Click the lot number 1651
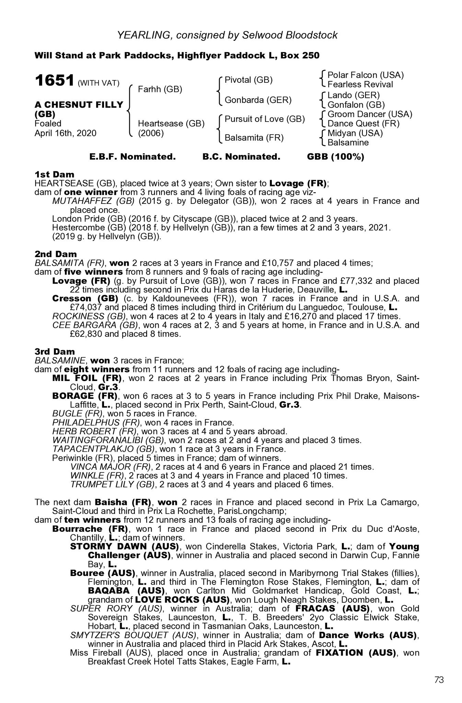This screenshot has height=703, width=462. pyautogui.click(x=55, y=81)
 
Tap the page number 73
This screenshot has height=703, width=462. pyautogui.click(x=439, y=680)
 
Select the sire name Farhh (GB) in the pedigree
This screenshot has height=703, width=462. pyautogui.click(x=160, y=90)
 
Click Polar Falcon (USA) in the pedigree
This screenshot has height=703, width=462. pyautogui.click(x=366, y=75)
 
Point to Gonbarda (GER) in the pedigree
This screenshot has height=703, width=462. pyautogui.click(x=258, y=100)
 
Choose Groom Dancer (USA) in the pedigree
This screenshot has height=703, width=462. pyautogui.click(x=370, y=114)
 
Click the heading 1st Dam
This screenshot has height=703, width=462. pyautogui.click(x=54, y=174)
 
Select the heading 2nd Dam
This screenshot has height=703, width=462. pyautogui.click(x=56, y=254)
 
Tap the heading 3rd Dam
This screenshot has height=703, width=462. pyautogui.click(x=55, y=351)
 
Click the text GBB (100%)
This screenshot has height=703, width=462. pyautogui.click(x=335, y=157)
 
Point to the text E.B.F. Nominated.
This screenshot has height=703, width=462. pyautogui.click(x=132, y=157)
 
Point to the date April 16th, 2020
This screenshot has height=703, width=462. pyautogui.click(x=66, y=133)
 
